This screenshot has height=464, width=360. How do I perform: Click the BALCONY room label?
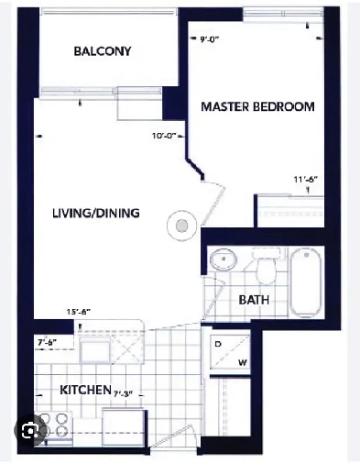click(x=102, y=51)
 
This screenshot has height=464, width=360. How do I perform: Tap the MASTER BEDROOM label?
click(x=256, y=106)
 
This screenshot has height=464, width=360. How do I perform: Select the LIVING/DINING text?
click(x=95, y=214)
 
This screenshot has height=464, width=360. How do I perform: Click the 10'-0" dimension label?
click(x=165, y=137)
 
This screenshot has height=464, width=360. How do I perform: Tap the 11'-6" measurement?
click(x=307, y=180)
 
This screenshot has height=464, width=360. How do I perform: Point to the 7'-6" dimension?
click(x=46, y=342)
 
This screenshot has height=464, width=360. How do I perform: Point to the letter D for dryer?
click(x=217, y=344)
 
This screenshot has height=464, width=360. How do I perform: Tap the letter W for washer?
click(x=242, y=361)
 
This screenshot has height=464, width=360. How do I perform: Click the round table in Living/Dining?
click(x=181, y=224)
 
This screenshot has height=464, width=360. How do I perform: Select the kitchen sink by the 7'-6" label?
click(x=94, y=349)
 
